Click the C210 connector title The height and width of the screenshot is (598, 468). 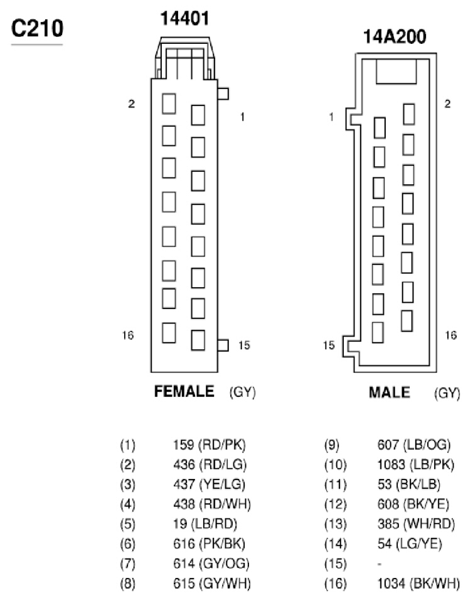tap(37, 29)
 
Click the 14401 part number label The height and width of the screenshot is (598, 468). tap(185, 18)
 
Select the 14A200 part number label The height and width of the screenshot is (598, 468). tap(395, 36)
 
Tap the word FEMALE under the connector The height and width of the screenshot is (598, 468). tap(184, 392)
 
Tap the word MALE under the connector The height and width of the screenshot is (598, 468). tap(390, 392)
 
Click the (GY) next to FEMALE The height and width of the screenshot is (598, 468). tap(242, 392)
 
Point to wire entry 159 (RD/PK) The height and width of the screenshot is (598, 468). tap(210, 444)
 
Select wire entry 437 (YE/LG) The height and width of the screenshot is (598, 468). tap(209, 485)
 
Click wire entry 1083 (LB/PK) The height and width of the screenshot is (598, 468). tap(416, 464)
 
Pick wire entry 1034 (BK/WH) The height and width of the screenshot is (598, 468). tap(418, 584)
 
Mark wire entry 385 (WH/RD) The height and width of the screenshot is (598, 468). tap(416, 524)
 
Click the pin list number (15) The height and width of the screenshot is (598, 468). tap(336, 564)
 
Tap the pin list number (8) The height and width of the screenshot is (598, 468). tap(127, 584)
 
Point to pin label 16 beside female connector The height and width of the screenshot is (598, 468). tap(128, 335)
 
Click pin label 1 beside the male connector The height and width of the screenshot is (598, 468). tap(331, 117)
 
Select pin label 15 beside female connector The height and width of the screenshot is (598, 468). tap(244, 345)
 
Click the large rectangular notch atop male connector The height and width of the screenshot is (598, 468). tap(396, 71)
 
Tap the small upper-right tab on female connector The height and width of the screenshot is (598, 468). tap(223, 94)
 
